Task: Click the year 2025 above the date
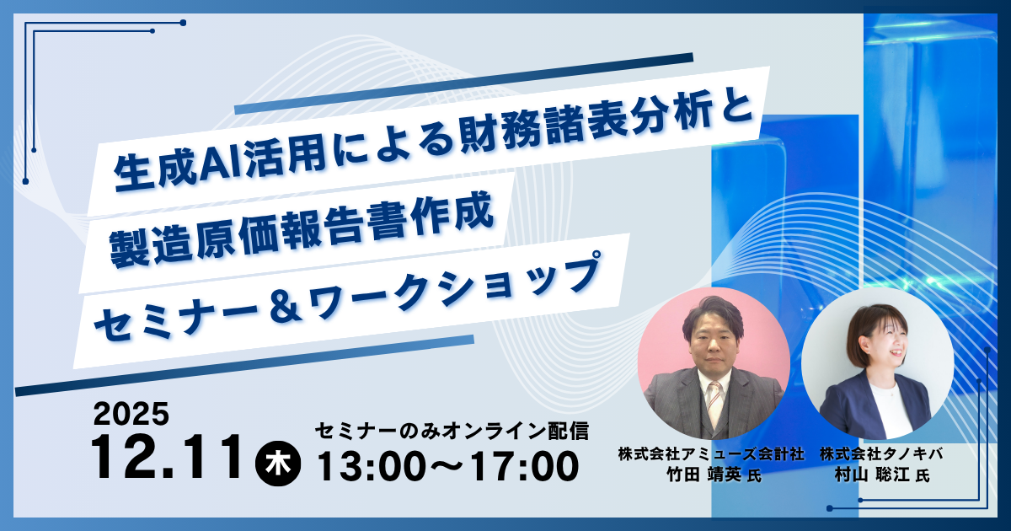[131, 414]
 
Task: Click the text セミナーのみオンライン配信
[452, 431]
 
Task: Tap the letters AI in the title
[220, 166]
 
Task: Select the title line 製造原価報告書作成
[302, 233]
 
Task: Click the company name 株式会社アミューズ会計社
[712, 453]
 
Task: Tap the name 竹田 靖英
[703, 474]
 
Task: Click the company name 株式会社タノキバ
[881, 453]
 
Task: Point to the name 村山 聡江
[871, 474]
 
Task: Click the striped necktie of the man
[714, 403]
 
